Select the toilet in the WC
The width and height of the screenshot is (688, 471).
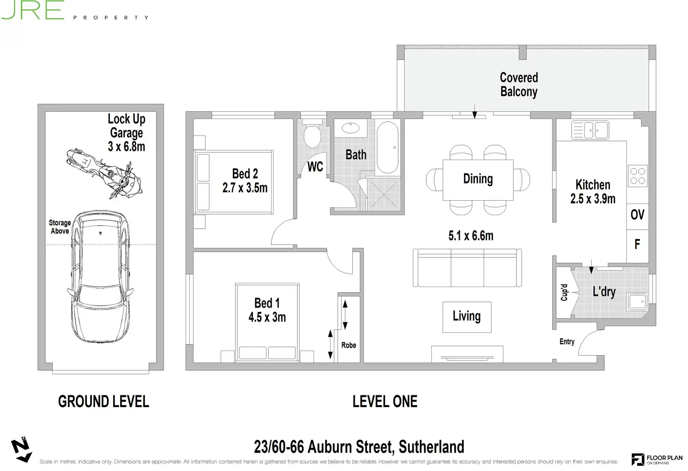312,136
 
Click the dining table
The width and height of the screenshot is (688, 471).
478,179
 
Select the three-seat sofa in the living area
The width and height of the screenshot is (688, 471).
467,268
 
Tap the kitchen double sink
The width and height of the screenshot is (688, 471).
590,130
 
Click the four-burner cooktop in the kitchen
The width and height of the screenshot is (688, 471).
638,176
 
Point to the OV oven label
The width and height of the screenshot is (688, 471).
637,215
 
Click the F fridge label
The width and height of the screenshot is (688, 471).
637,244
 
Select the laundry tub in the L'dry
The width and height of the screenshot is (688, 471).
637,301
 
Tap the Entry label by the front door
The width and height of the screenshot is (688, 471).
566,342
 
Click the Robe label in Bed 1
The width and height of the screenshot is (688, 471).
349,345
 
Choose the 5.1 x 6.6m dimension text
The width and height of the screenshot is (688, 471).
471,236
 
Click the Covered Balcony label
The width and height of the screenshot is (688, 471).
519,84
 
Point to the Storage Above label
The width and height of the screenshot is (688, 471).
60,227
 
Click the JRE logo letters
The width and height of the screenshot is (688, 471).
33,10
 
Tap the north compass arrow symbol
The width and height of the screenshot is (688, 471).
21,450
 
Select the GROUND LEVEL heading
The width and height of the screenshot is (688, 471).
103,401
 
